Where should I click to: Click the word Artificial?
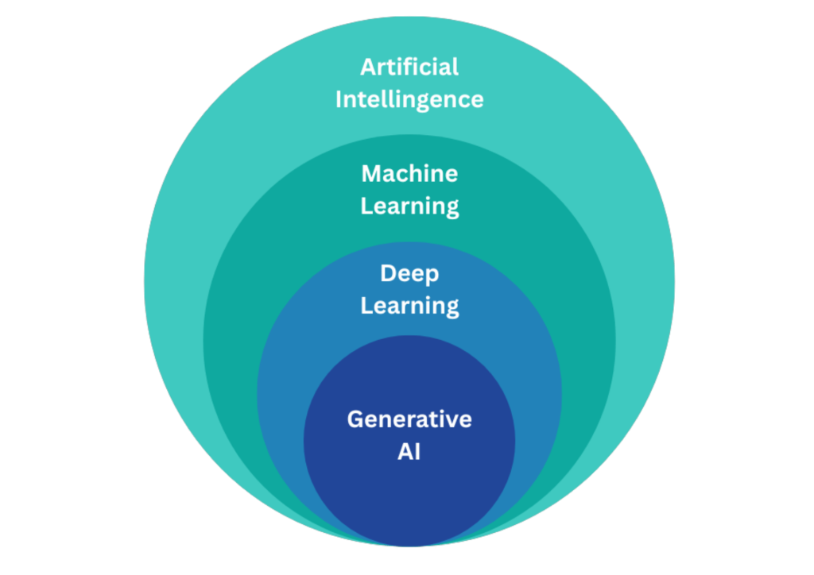409,67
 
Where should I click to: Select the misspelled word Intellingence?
409,99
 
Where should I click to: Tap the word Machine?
409,172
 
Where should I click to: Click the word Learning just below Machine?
409,206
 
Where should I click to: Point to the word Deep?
409,273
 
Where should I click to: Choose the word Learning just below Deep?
409,306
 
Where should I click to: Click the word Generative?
409,419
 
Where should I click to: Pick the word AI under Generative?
409,451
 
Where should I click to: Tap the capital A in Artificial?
368,67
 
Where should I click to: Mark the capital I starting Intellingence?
339,99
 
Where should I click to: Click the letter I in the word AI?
417,451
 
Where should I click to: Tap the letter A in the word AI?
404,451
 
